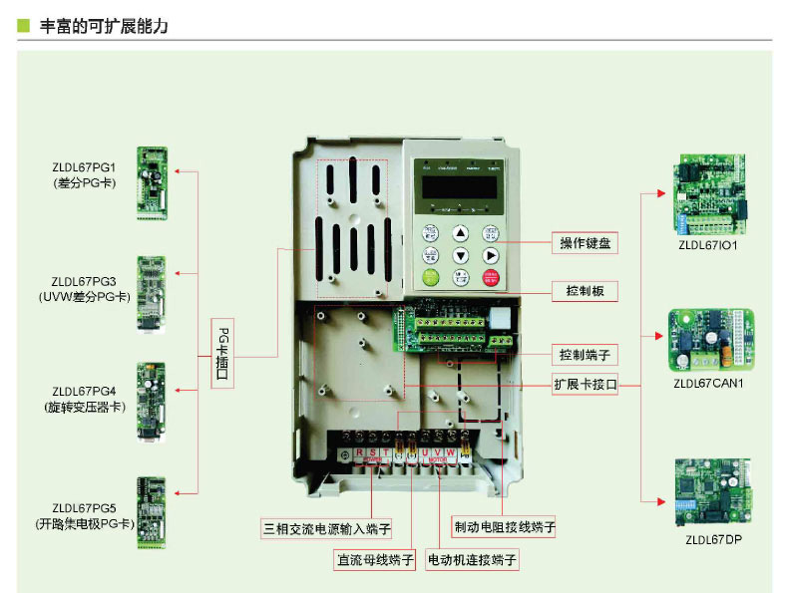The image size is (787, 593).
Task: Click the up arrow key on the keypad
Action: tap(460, 232)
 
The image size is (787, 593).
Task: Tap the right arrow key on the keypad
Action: tap(491, 256)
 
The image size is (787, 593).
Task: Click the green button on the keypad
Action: tap(430, 278)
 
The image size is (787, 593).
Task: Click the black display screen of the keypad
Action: tap(460, 186)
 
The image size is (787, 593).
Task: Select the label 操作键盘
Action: tap(585, 243)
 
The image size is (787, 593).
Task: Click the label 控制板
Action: tap(585, 292)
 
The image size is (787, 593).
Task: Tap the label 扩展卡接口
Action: tap(586, 384)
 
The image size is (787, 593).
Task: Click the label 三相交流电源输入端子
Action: tap(326, 526)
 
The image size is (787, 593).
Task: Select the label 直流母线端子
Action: tap(374, 559)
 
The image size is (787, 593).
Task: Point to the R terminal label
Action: tap(345, 453)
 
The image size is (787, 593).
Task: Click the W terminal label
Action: tap(452, 453)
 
